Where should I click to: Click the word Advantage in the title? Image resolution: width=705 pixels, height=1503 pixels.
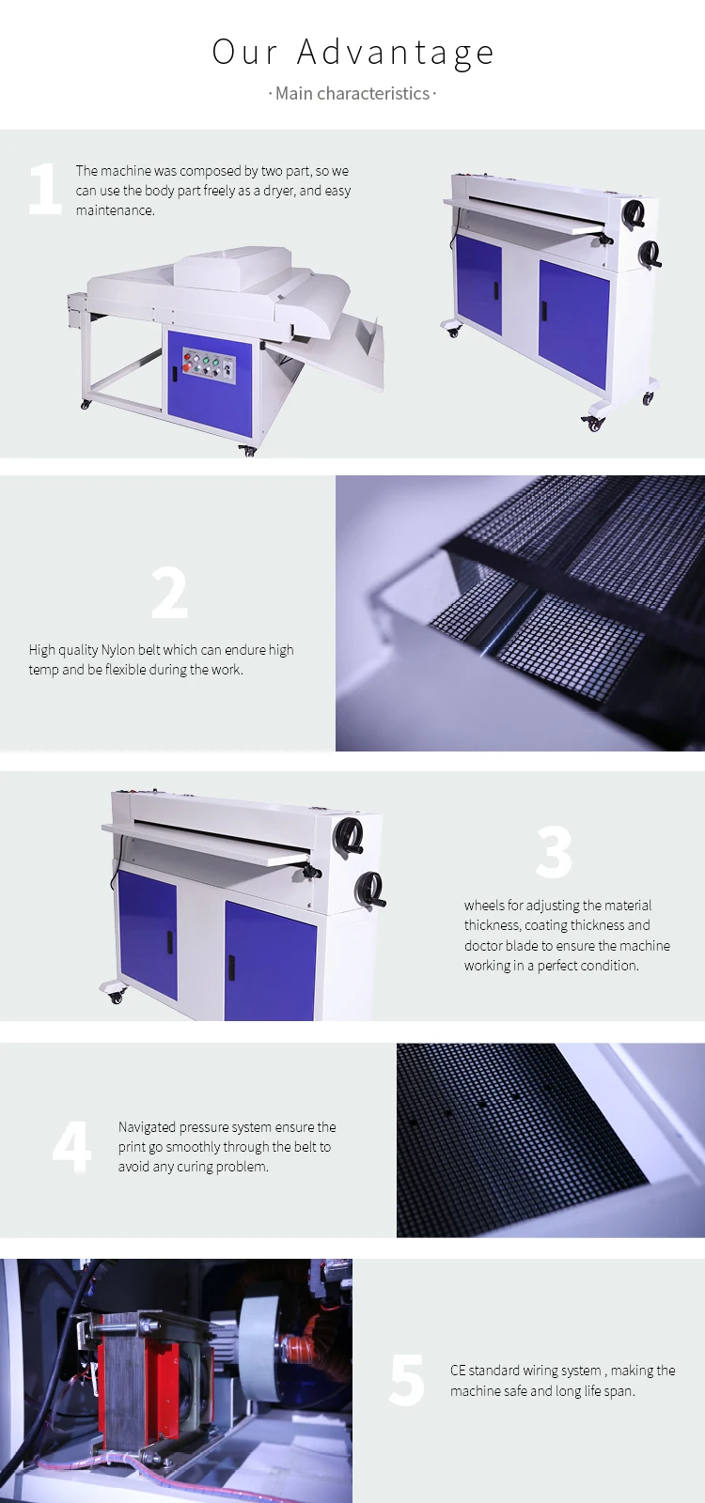(396, 53)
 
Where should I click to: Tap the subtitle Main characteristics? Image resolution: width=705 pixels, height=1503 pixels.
(352, 93)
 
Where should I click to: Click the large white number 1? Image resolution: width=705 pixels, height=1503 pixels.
(44, 189)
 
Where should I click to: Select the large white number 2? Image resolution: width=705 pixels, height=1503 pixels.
(169, 594)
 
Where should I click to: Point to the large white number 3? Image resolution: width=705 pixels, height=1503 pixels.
(554, 852)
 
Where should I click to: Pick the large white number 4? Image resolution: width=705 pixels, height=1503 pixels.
(71, 1147)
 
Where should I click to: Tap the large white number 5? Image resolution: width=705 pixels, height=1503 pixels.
(407, 1380)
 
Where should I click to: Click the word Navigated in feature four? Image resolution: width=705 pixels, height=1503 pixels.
(148, 1127)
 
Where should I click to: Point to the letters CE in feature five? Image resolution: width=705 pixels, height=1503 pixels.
(458, 1371)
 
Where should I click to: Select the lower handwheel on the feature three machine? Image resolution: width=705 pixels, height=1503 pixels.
(370, 889)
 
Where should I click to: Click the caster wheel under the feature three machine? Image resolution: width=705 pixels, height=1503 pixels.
(117, 994)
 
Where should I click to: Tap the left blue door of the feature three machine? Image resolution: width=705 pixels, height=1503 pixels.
(148, 935)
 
